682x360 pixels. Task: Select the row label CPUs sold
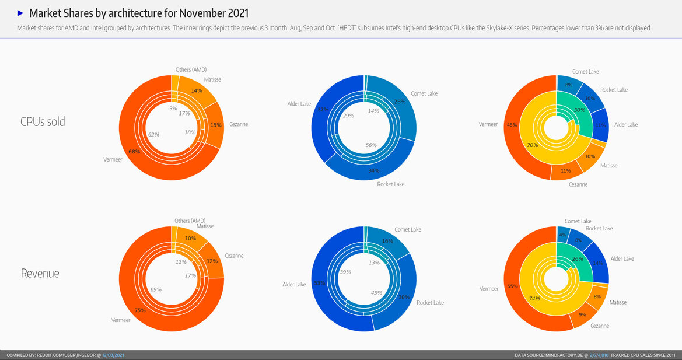[43, 121]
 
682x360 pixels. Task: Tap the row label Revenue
[40, 273]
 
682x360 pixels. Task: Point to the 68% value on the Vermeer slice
[134, 152]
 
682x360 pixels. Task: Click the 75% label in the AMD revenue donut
[140, 310]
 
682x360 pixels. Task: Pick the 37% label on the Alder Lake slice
[323, 109]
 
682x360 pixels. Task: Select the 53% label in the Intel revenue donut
[320, 282]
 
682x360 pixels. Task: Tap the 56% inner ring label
[370, 145]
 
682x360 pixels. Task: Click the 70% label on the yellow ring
[532, 145]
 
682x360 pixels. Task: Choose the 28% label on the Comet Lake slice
[400, 102]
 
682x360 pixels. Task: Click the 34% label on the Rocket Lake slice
[374, 170]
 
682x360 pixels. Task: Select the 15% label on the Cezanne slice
[215, 125]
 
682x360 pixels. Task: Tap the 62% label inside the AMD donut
[153, 134]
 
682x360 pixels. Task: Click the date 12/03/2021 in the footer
[113, 355]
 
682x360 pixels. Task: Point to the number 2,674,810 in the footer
[599, 355]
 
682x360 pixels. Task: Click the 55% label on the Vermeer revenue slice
[513, 286]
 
